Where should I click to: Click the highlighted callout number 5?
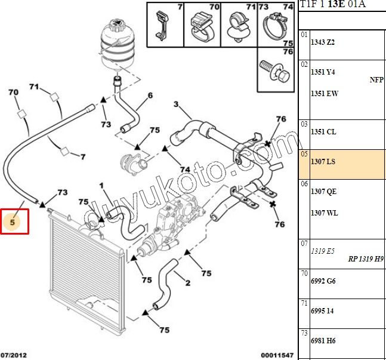pos(14,221)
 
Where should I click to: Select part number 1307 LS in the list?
pos(323,162)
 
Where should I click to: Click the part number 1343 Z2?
pos(323,42)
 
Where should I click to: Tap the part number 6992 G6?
pos(323,281)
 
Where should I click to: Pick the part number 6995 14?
pos(323,312)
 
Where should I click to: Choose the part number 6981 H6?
pos(323,340)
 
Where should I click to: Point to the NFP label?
pos(376,79)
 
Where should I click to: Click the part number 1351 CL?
pos(323,133)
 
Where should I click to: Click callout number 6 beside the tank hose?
pos(150,95)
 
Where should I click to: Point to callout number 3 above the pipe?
pos(175,105)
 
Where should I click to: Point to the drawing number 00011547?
pos(277,355)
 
